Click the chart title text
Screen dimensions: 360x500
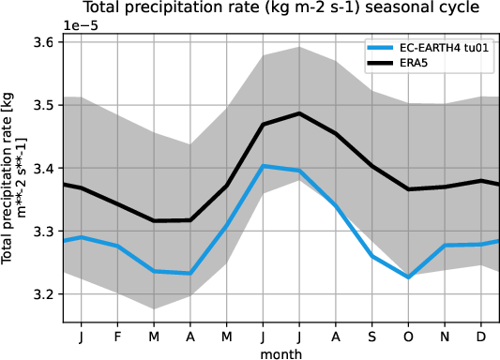tap(280, 8)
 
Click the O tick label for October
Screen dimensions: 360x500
tap(409, 335)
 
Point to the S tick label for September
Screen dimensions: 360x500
tap(372, 335)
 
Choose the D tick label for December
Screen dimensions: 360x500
tap(481, 335)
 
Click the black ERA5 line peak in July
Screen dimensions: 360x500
tap(299, 113)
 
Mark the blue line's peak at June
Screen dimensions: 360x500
tap(264, 166)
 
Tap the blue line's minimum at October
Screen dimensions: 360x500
tap(409, 277)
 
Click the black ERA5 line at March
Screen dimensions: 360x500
tap(155, 221)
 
